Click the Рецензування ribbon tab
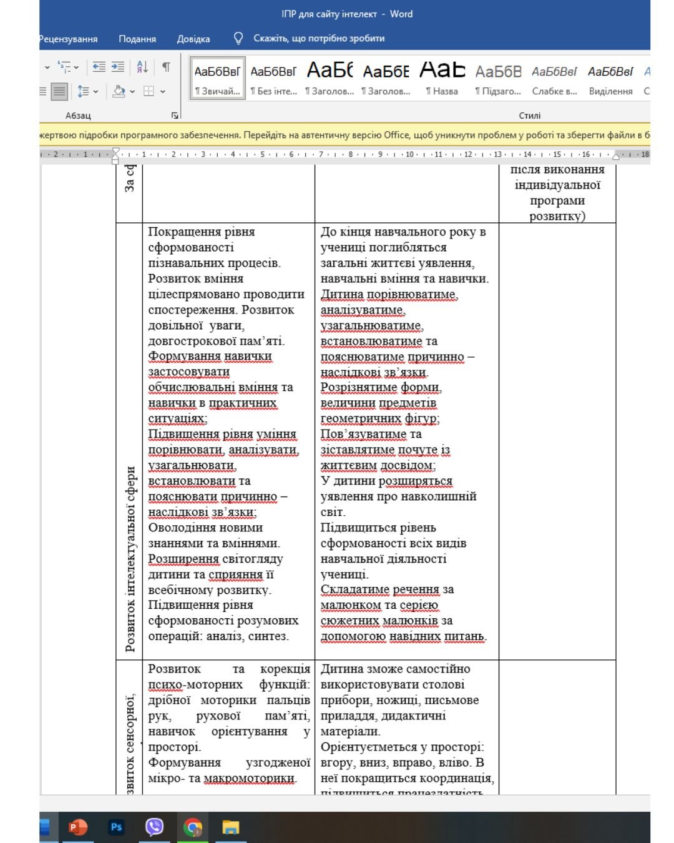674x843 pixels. pos(69,39)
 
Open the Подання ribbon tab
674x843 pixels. pos(137,39)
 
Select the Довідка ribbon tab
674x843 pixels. pos(193,39)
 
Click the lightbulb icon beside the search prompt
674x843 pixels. pos(238,38)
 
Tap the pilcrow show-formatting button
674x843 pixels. pos(166,67)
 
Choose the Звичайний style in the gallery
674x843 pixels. pos(217,77)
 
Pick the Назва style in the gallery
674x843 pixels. pos(442,77)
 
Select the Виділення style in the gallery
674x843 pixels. pos(610,77)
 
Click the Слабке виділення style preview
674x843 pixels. pos(554,77)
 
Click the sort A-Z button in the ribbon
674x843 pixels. pos(142,67)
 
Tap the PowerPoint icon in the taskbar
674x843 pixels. pos(78,827)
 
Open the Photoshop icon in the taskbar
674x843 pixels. pos(116,827)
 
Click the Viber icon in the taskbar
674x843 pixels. pos(154,827)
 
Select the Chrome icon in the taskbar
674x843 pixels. pos(193,828)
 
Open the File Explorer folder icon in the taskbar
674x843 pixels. pos(231,828)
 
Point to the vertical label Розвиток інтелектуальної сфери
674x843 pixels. pos(130,559)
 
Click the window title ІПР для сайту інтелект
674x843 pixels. pos(329,14)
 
